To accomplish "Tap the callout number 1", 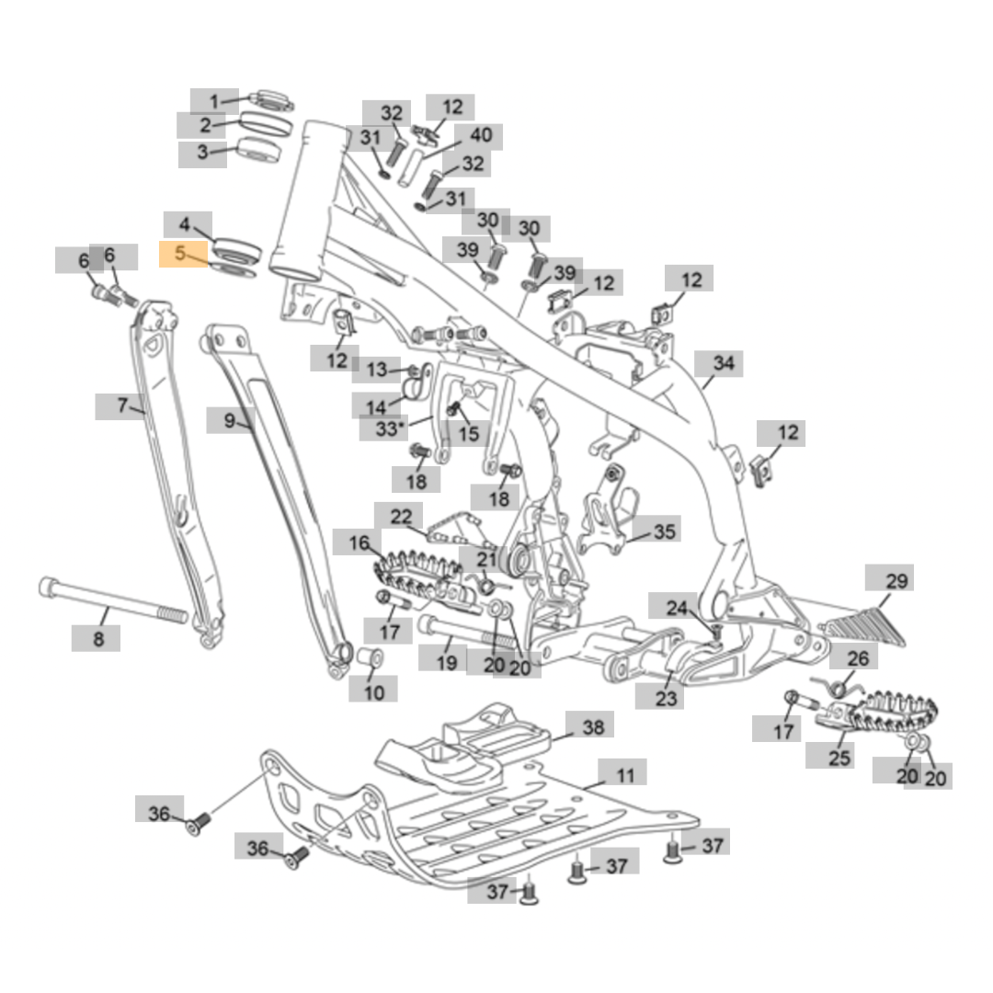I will click(x=214, y=101).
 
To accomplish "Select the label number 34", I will click(x=724, y=364).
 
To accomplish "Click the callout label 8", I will click(x=98, y=638).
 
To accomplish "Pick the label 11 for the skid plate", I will click(x=624, y=775).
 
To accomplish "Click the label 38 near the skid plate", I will click(x=593, y=727).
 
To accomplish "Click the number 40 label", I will click(x=481, y=136).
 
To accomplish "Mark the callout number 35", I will click(x=663, y=531).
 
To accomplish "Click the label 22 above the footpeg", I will click(x=401, y=517).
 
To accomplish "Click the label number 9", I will click(x=229, y=421).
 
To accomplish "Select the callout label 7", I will click(x=121, y=405).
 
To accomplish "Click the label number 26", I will click(x=857, y=658).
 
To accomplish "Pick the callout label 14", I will click(x=377, y=405).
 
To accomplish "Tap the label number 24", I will click(x=677, y=608).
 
